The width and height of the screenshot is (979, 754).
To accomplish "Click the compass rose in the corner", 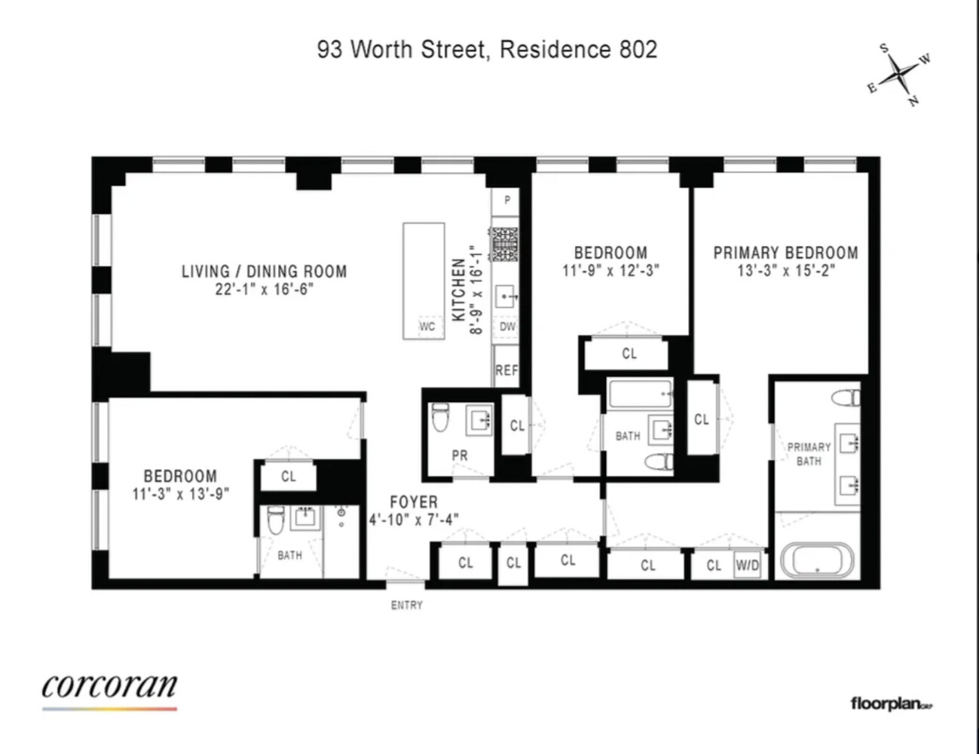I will coord(900,74).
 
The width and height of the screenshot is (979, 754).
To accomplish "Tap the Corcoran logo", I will coord(109,688).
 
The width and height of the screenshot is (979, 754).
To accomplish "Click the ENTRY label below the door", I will coord(406,605).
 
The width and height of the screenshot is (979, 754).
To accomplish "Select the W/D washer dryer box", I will coord(747,565).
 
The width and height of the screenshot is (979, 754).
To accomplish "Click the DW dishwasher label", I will coord(507,326).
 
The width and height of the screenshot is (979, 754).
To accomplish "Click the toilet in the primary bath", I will coord(846,397).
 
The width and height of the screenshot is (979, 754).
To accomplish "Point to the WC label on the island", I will coord(427,326).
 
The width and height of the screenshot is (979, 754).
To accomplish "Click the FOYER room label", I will coord(413,502).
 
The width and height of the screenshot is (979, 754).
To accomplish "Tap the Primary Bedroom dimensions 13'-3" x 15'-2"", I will coord(786,271).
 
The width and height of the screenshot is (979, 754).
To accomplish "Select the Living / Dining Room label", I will coord(264,271).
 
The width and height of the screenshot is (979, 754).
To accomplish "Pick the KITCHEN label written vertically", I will coord(458,290).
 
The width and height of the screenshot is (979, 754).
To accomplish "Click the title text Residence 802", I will coord(578,50).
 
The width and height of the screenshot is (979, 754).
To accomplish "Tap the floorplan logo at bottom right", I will coord(891,704).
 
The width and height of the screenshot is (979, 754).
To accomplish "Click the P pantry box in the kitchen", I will coord(507,200).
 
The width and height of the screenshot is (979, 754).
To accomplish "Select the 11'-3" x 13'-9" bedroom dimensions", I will coord(180,494).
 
